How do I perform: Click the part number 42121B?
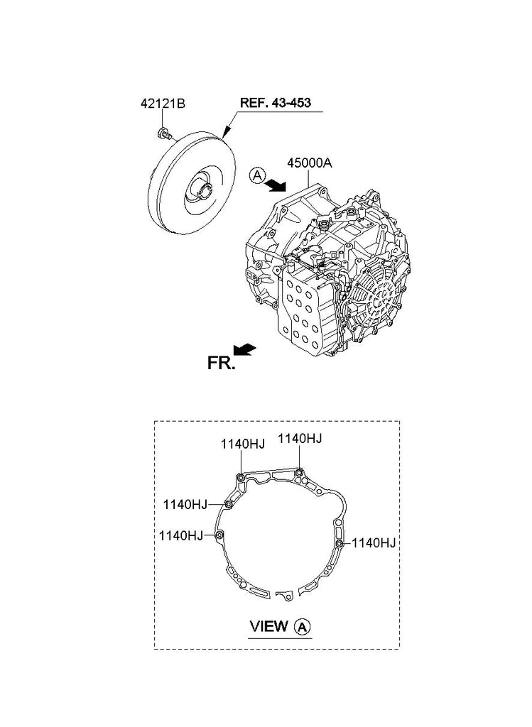163,104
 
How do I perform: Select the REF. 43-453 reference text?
275,102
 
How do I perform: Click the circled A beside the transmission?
257,176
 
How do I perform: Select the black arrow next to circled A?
277,185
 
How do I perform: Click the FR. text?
221,363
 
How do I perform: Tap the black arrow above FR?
244,349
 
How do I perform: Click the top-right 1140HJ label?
300,438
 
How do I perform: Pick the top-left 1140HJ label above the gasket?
243,444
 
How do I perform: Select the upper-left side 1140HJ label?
185,504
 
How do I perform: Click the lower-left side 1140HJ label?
181,535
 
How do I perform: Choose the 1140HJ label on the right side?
374,543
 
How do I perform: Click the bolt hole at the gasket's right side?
340,543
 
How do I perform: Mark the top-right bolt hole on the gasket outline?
300,472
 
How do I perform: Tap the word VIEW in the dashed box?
268,626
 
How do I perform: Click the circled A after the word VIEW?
303,628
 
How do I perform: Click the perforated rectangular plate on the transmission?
302,312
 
